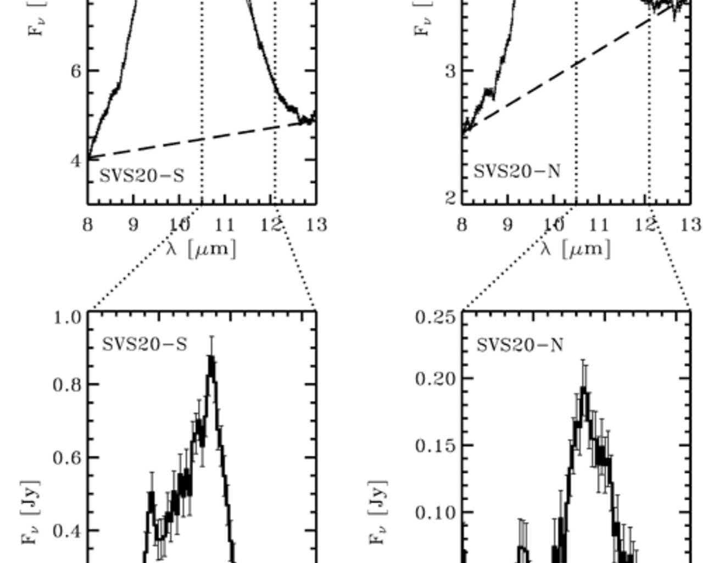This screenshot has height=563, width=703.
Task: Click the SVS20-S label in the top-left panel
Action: point(142,176)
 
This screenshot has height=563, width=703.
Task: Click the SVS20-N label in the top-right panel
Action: point(517,172)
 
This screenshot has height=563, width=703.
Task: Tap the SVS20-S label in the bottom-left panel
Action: point(144,345)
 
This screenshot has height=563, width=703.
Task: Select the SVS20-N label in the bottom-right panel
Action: point(520,345)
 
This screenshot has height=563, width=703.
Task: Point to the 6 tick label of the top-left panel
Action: point(76,71)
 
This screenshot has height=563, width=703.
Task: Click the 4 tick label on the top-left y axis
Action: point(76,161)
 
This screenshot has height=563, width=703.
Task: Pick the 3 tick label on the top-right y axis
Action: point(450,71)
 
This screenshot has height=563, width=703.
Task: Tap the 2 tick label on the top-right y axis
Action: point(450,197)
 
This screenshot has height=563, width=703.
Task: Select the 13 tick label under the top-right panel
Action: point(691,225)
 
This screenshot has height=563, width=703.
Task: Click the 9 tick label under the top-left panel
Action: point(133,225)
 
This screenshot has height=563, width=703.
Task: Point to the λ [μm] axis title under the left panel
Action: point(201,249)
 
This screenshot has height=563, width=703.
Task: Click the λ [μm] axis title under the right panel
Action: point(576,249)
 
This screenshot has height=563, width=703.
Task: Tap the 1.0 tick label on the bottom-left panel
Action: point(68,318)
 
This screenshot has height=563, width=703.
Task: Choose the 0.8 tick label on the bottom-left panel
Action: point(68,385)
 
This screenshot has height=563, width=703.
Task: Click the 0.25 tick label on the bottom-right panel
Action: point(436,318)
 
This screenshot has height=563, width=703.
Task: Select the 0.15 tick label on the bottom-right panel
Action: point(436,446)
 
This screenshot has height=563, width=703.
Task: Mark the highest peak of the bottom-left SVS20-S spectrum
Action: point(211,358)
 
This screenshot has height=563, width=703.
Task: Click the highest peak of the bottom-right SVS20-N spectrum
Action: point(584,390)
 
